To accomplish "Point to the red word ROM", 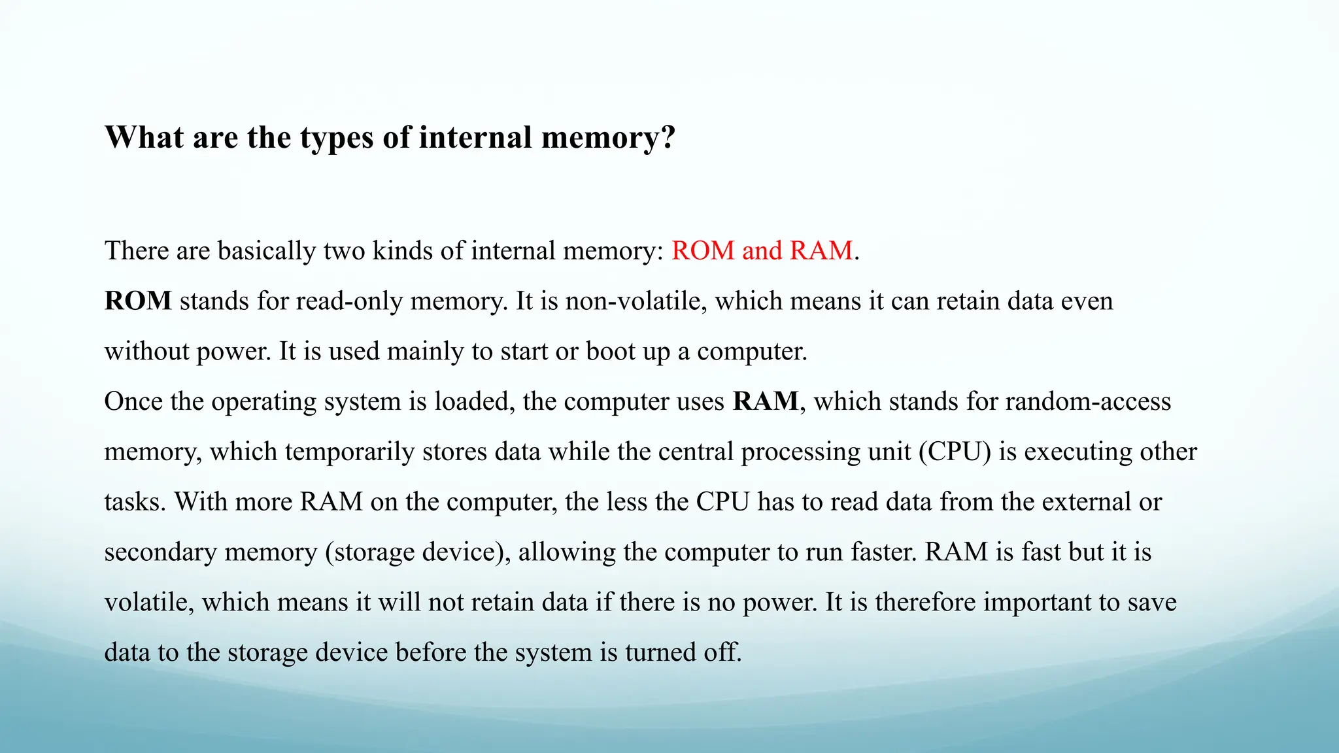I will point(703,251).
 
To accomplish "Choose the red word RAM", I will point(821,251).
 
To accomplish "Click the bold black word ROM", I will point(138,301).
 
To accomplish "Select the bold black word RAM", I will point(766,401).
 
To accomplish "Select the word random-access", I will point(1088,401).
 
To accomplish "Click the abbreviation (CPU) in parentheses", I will point(955,452).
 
